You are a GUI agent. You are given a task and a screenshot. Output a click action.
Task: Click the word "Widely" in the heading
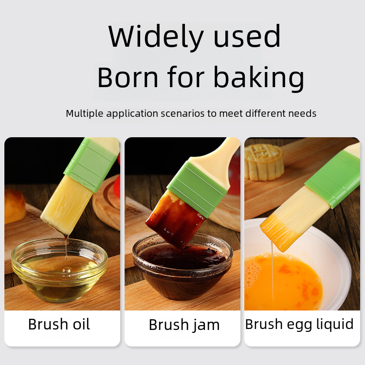pos(156,37)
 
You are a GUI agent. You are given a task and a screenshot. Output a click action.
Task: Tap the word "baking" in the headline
pos(258,78)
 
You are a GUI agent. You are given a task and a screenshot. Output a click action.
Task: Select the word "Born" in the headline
pos(128,77)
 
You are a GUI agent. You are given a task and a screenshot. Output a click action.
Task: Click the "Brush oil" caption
pos(59,324)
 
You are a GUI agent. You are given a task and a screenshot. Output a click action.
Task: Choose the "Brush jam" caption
pos(184,325)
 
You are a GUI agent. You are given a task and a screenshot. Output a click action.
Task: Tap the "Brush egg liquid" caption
pos(299,325)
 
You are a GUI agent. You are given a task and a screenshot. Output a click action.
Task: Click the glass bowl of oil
pos(59,270)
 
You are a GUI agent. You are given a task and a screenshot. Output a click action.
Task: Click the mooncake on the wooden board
pos(264,162)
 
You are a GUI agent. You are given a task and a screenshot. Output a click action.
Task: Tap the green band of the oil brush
pos(91,164)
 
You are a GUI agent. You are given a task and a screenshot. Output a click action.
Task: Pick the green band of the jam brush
pos(197,189)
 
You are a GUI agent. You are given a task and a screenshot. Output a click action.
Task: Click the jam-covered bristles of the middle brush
pos(176,219)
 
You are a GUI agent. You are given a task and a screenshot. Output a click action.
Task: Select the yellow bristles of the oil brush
pos(67,205)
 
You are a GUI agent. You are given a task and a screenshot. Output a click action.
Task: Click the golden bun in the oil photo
pos(15,206)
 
